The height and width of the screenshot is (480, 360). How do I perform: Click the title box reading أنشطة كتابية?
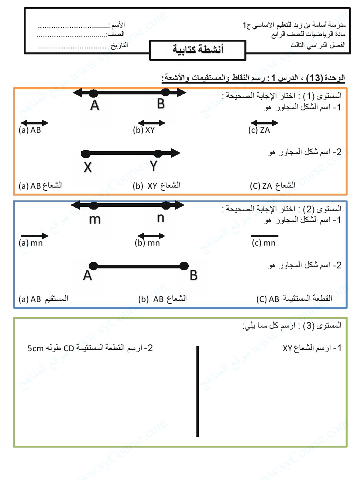(x=198, y=50)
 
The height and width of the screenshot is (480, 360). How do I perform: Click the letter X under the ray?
(x=88, y=168)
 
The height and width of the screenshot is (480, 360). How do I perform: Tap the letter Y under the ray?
(x=154, y=166)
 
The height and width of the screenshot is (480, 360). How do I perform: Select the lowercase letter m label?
(x=94, y=220)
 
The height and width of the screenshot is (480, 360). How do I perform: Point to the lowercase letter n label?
(x=160, y=218)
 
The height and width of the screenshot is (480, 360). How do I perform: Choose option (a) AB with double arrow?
(x=30, y=130)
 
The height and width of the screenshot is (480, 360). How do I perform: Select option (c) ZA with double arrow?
(x=259, y=130)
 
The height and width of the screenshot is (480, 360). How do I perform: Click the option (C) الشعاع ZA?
(x=272, y=185)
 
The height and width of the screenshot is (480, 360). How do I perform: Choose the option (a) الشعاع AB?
(x=40, y=185)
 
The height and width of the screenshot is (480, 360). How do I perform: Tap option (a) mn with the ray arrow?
(x=31, y=242)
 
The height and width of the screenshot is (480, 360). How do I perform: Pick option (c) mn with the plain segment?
(x=264, y=242)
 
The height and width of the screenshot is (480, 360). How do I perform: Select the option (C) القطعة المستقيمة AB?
(x=294, y=299)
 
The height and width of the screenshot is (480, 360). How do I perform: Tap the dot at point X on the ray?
(x=85, y=154)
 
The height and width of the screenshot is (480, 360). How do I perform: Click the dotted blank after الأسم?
(x=72, y=26)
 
